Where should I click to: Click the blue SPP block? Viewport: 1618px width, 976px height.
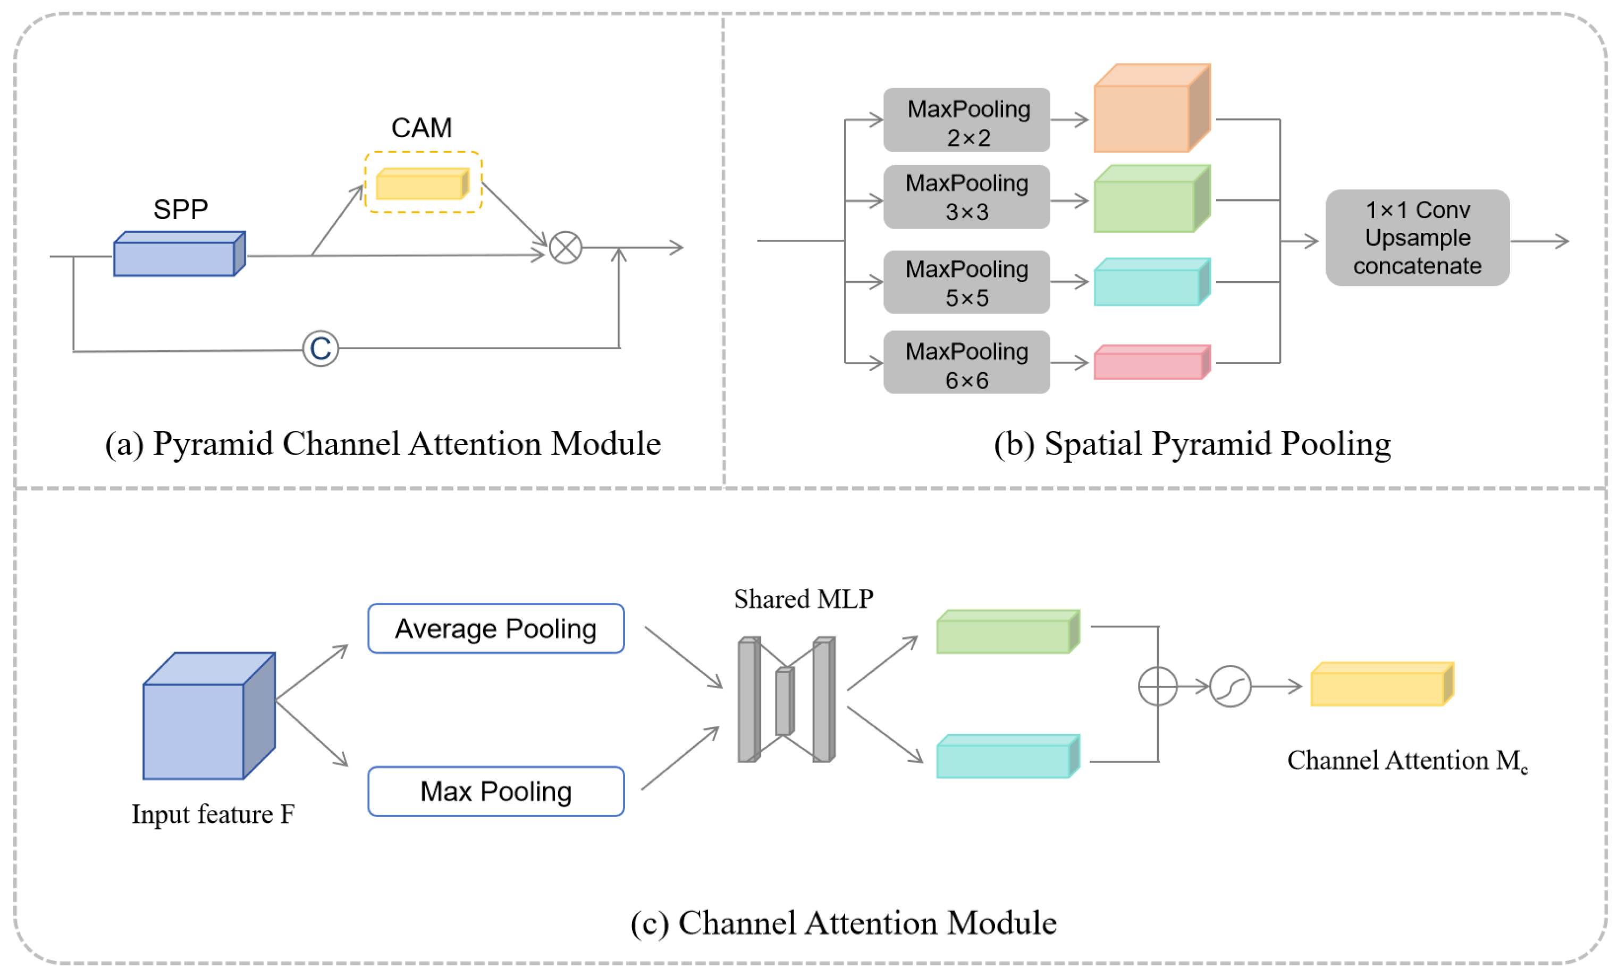178,255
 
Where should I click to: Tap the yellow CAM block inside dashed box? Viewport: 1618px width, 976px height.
422,184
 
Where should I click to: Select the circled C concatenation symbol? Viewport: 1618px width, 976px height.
321,349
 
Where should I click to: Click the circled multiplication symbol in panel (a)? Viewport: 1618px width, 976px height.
566,248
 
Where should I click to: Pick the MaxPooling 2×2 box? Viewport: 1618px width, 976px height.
966,120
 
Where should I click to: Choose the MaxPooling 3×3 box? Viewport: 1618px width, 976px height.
966,197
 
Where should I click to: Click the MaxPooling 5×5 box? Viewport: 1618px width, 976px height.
966,282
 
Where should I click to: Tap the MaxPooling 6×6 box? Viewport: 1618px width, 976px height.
966,363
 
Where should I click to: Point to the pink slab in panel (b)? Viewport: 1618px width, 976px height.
1149,364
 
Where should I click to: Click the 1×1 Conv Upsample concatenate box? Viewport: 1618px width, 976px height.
1417,238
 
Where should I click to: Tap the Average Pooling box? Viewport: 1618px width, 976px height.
496,628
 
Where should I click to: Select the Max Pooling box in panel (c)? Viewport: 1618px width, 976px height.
496,792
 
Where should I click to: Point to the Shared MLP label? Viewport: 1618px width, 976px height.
803,599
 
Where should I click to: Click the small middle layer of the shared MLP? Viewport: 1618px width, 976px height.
784,702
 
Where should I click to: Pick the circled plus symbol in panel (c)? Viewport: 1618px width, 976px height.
1157,686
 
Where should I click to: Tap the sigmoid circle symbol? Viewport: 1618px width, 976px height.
1230,686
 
